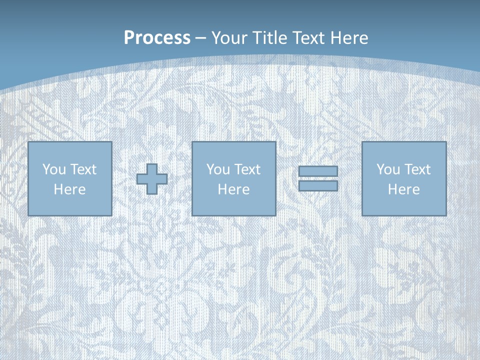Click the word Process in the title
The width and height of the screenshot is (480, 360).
point(157,38)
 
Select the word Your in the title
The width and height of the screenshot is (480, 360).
point(229,38)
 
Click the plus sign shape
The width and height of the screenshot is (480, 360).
point(152,179)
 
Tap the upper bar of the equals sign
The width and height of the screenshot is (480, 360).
point(318,171)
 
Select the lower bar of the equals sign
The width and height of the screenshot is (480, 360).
point(318,186)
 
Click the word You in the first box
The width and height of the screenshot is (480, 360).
point(54,169)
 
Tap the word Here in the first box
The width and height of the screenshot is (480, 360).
point(69,189)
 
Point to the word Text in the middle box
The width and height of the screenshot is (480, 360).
point(248,169)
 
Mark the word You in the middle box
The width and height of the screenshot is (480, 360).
point(218,169)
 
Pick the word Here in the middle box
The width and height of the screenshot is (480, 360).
point(233,189)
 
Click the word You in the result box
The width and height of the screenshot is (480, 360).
point(388,169)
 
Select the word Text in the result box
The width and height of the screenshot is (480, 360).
point(418,169)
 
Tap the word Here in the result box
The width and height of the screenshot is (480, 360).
point(404,189)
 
